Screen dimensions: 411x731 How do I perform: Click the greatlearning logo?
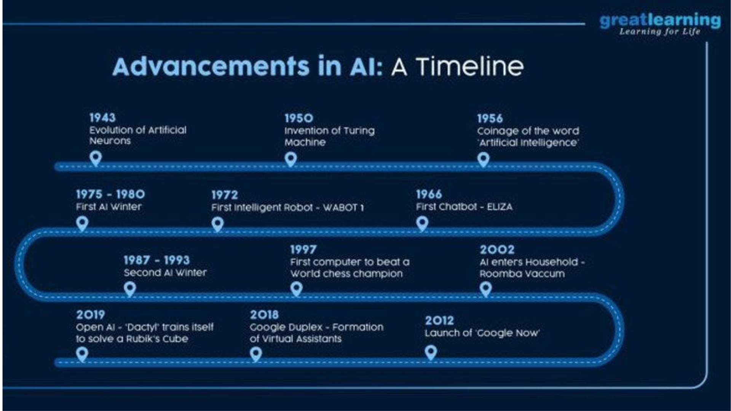pos(660,24)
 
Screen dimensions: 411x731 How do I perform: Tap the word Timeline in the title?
pos(469,67)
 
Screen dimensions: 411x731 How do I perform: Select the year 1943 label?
pos(102,117)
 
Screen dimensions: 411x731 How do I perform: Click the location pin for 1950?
pos(291,159)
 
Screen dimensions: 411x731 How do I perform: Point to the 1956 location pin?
pos(484,159)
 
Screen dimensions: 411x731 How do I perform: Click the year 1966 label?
pos(429,194)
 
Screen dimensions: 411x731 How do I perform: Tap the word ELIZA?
pos(500,207)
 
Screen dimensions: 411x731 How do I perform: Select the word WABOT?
pos(340,207)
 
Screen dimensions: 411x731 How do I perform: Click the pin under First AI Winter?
pos(82,223)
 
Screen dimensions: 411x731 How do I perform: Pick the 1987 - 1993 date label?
pos(156,260)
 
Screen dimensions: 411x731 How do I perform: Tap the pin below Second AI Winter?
pos(130,288)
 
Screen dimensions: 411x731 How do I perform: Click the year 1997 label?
pos(303,250)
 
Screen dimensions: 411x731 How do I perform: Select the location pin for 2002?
pos(485,289)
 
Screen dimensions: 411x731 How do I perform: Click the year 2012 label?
pos(439,320)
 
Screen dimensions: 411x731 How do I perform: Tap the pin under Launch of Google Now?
pos(431,352)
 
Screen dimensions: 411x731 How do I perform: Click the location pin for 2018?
pos(256,354)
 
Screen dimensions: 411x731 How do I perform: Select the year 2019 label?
pos(90,315)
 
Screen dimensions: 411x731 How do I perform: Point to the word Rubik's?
pos(144,339)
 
